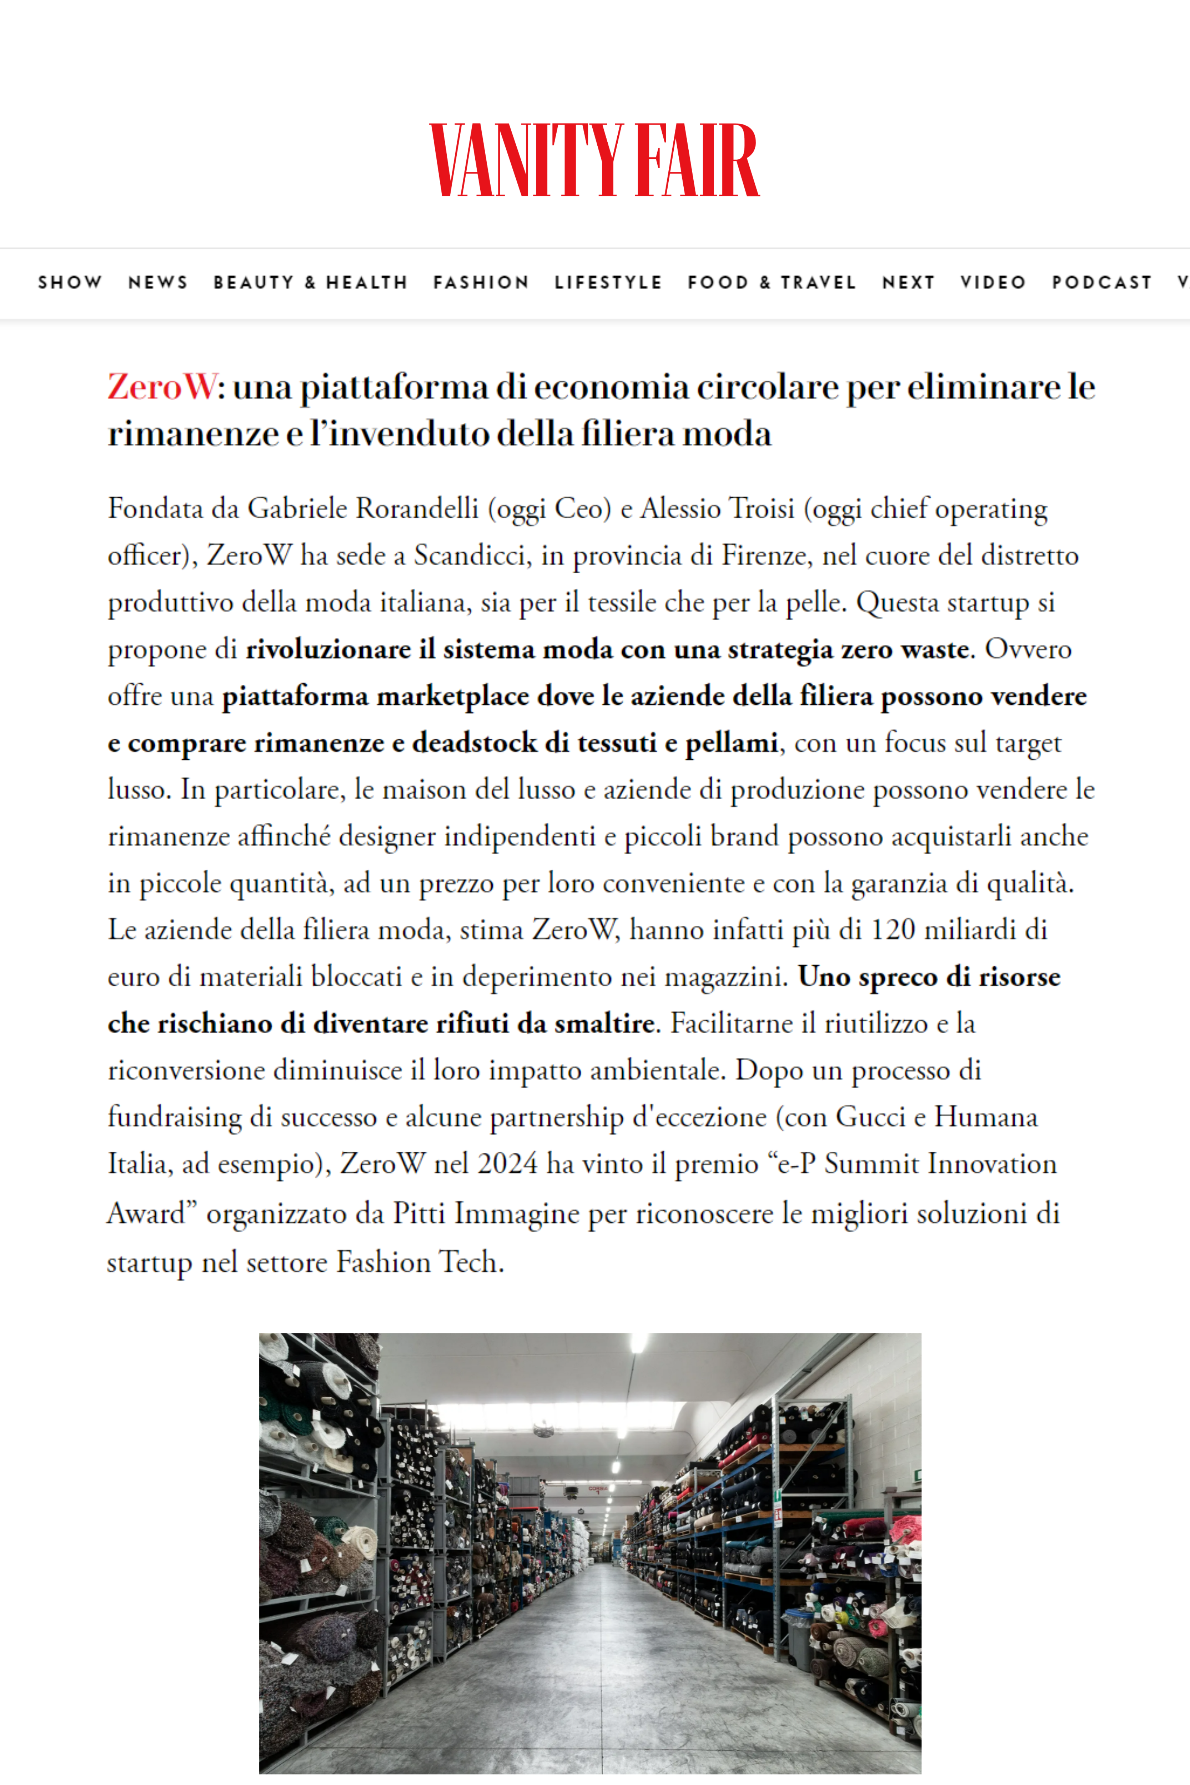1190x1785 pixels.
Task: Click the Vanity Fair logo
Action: pos(594,161)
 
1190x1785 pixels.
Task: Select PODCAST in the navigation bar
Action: pos(1101,282)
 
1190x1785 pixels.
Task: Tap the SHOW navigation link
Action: pos(70,282)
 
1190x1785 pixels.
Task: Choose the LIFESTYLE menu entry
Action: pos(608,282)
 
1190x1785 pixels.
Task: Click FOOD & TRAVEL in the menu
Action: pos(772,282)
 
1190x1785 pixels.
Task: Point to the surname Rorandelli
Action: pos(417,508)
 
